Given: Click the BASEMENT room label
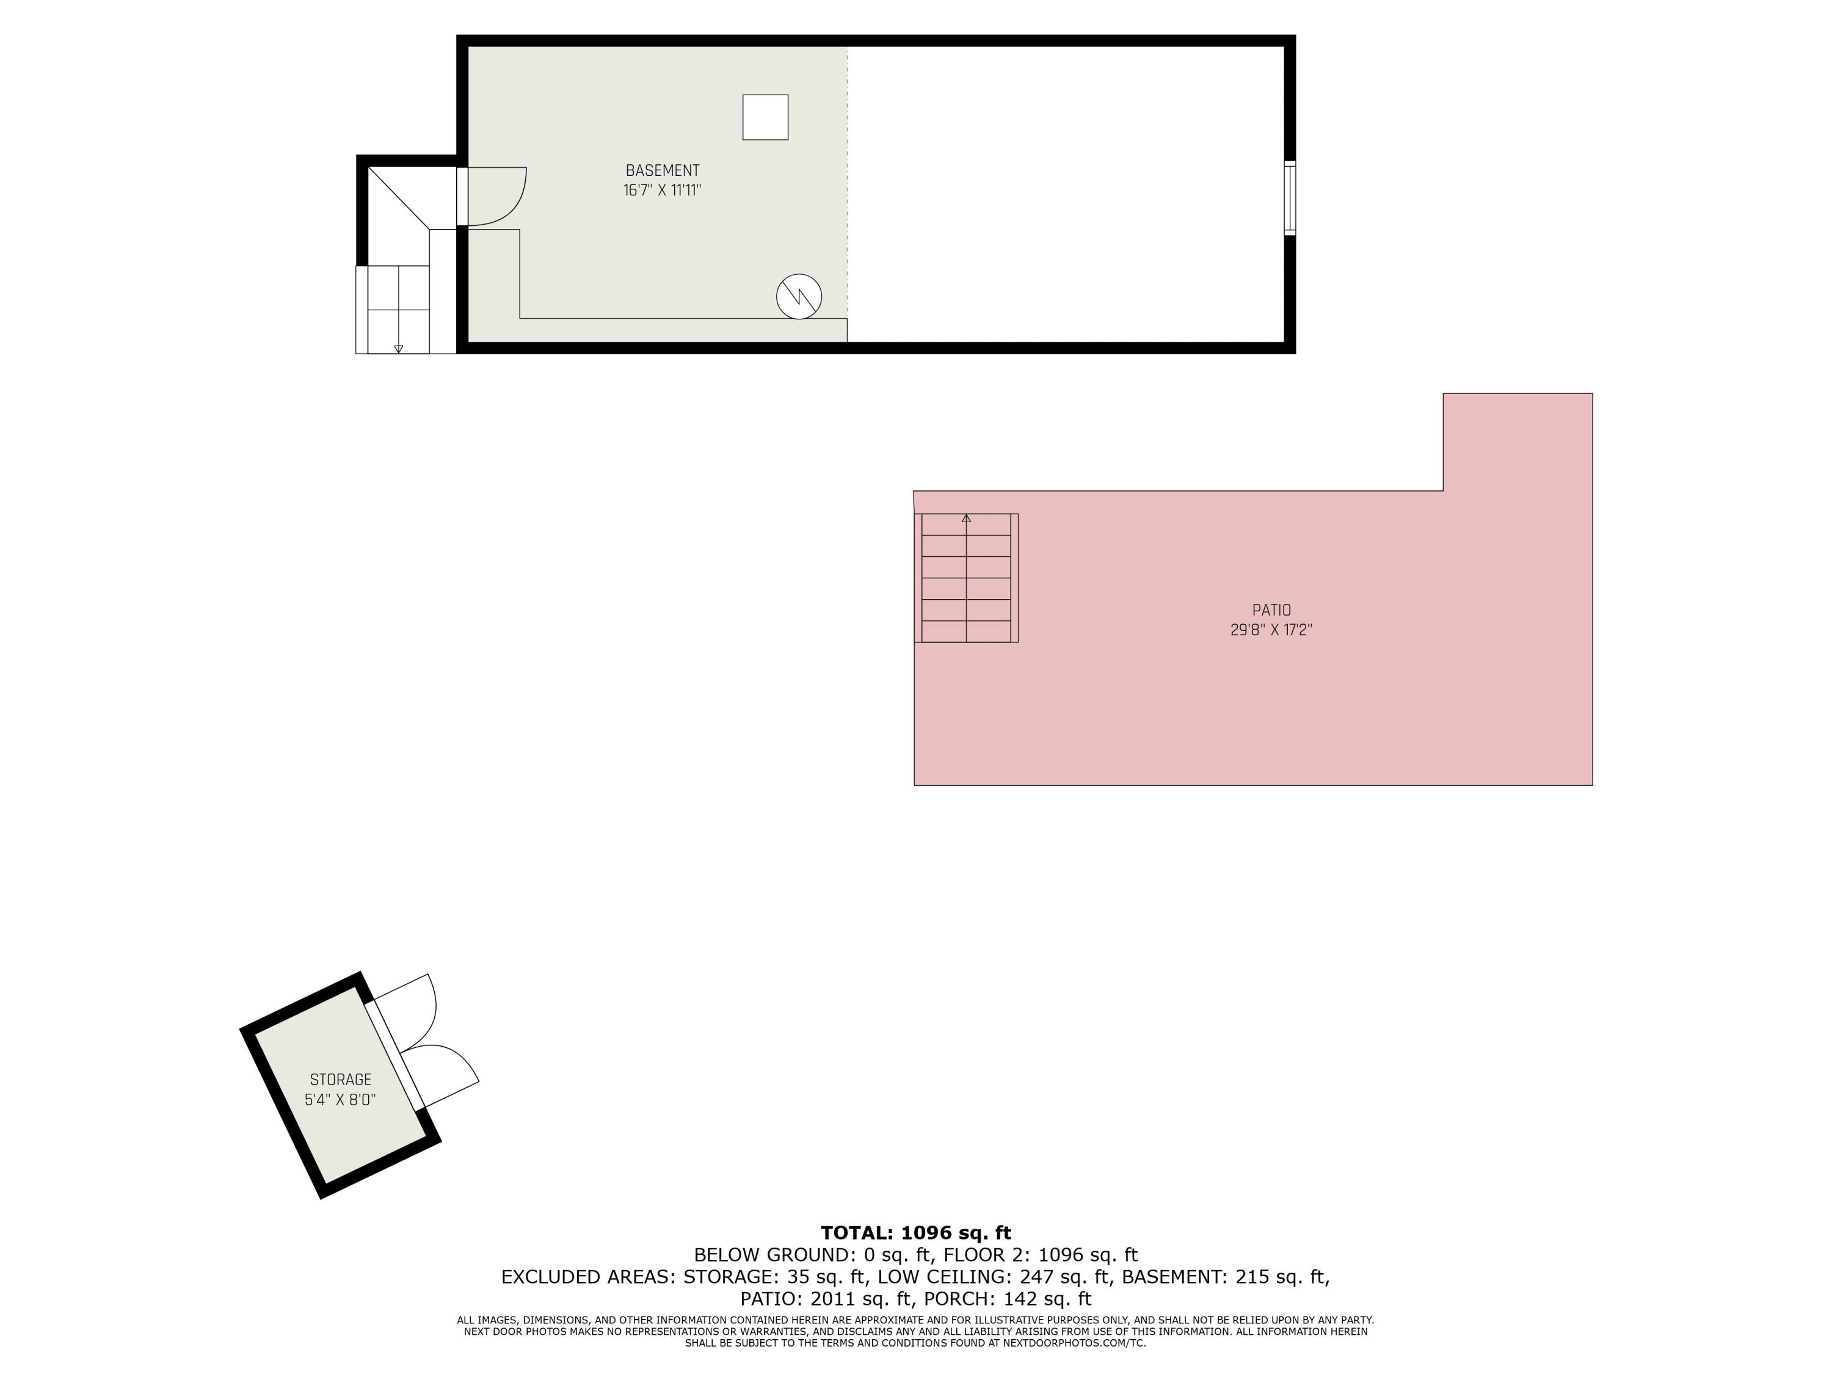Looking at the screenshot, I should [x=662, y=170].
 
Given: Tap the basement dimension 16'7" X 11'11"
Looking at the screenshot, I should [x=662, y=191].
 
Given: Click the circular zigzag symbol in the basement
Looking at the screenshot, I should [x=798, y=296].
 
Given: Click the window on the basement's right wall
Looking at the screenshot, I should [x=1290, y=198].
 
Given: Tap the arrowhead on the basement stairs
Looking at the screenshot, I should [x=398, y=349].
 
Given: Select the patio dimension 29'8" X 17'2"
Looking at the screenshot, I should [x=1271, y=630].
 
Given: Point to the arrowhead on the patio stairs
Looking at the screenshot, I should [x=965, y=518].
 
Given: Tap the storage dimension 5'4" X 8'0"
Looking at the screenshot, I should [x=340, y=1100].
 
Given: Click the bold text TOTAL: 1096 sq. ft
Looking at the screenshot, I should [x=915, y=1233].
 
